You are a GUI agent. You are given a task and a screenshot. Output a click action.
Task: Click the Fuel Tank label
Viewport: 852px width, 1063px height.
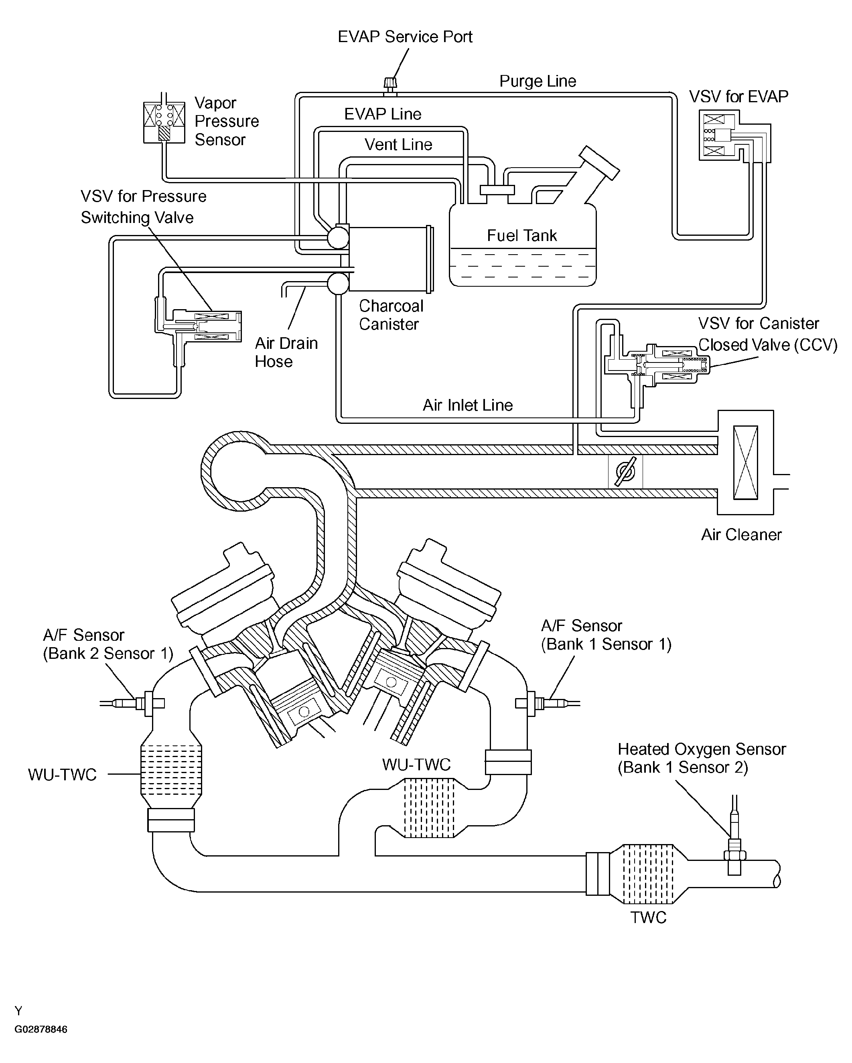pos(522,236)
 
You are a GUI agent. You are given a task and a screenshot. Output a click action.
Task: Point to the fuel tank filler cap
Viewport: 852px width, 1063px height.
pos(599,163)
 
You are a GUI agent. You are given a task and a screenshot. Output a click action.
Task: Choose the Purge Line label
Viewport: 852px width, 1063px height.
pos(538,81)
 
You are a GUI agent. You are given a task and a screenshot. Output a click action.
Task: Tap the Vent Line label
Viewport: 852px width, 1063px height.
pos(398,144)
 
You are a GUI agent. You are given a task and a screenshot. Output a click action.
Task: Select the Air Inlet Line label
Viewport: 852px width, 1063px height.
pos(468,405)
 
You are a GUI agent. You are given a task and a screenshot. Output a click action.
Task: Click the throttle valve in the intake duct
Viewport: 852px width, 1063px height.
pos(625,471)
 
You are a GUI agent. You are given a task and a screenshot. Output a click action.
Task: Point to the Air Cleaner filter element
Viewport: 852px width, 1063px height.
pos(745,462)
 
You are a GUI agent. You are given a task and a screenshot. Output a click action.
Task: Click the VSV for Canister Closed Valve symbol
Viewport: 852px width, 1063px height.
pos(656,365)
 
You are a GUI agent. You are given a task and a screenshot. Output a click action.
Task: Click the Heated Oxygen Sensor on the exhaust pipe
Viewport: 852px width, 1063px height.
pos(734,840)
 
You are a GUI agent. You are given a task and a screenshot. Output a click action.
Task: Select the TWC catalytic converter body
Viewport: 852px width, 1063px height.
pos(647,874)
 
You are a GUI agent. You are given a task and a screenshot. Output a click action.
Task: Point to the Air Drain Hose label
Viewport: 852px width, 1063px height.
pos(286,352)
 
